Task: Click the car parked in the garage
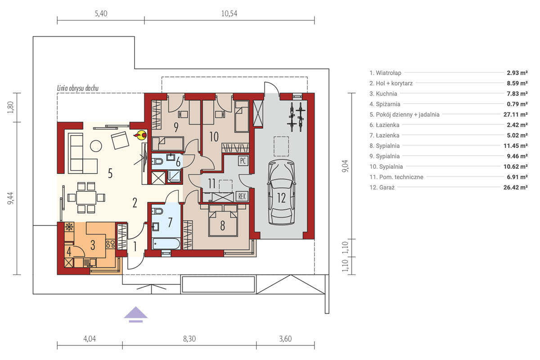pyautogui.click(x=281, y=192)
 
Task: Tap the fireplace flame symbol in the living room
pyautogui.click(x=140, y=135)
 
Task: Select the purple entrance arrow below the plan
pyautogui.click(x=136, y=315)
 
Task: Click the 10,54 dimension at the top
pyautogui.click(x=229, y=13)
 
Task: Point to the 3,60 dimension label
pyautogui.click(x=285, y=339)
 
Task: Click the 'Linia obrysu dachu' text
pyautogui.click(x=77, y=88)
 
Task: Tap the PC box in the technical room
pyautogui.click(x=243, y=161)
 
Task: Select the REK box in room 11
pyautogui.click(x=242, y=197)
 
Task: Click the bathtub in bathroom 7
pyautogui.click(x=166, y=243)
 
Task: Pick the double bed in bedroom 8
pyautogui.click(x=223, y=220)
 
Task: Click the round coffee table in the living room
pyautogui.click(x=96, y=146)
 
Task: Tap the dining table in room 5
pyautogui.click(x=86, y=198)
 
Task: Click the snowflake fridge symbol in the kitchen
pyautogui.click(x=69, y=227)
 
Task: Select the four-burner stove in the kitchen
pyautogui.click(x=110, y=244)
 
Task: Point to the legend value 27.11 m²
pyautogui.click(x=515, y=114)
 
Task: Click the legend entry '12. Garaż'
pyautogui.click(x=382, y=187)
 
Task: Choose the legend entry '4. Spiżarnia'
pyautogui.click(x=385, y=104)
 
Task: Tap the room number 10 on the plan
pyautogui.click(x=214, y=137)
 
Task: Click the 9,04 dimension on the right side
pyautogui.click(x=345, y=166)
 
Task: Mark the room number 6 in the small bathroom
pyautogui.click(x=178, y=162)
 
